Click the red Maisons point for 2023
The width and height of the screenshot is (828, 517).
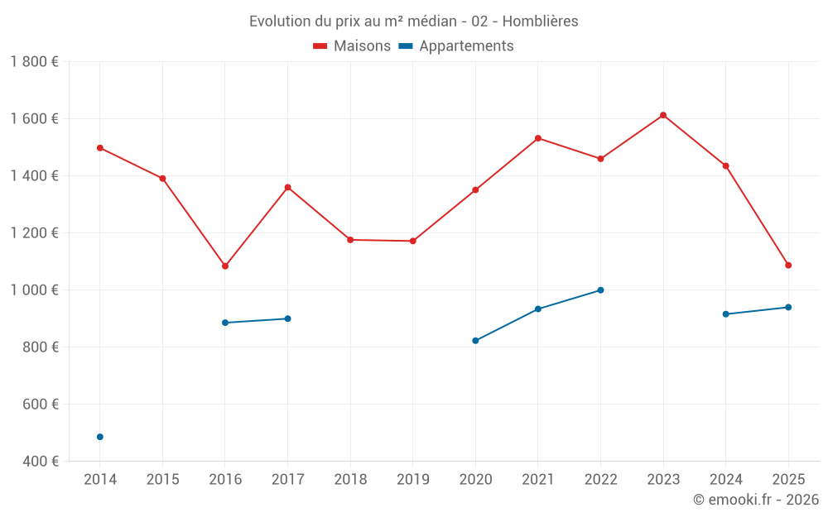pyautogui.click(x=663, y=115)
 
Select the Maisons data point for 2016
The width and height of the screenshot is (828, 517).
pyautogui.click(x=225, y=266)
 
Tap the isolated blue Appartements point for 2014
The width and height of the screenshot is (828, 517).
pyautogui.click(x=100, y=437)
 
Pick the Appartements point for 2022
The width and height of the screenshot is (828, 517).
pyautogui.click(x=600, y=290)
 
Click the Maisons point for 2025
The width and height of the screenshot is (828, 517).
pyautogui.click(x=788, y=266)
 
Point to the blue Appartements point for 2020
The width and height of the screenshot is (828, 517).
pyautogui.click(x=475, y=341)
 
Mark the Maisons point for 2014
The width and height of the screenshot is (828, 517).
pyautogui.click(x=100, y=148)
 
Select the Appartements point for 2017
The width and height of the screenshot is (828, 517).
pyautogui.click(x=287, y=318)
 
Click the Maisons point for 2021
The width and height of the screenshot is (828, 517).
pyautogui.click(x=538, y=138)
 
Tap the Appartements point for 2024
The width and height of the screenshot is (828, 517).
pyautogui.click(x=726, y=314)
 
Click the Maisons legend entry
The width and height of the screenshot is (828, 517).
pyautogui.click(x=352, y=46)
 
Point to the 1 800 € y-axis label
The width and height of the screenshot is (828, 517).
pyautogui.click(x=34, y=62)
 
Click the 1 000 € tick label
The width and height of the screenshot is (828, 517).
pyautogui.click(x=34, y=290)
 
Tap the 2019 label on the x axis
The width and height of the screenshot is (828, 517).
pyautogui.click(x=412, y=480)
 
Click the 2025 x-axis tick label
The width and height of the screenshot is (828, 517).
pyautogui.click(x=788, y=480)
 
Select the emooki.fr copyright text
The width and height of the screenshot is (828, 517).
pyautogui.click(x=756, y=500)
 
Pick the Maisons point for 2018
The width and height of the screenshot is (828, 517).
pyautogui.click(x=350, y=240)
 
